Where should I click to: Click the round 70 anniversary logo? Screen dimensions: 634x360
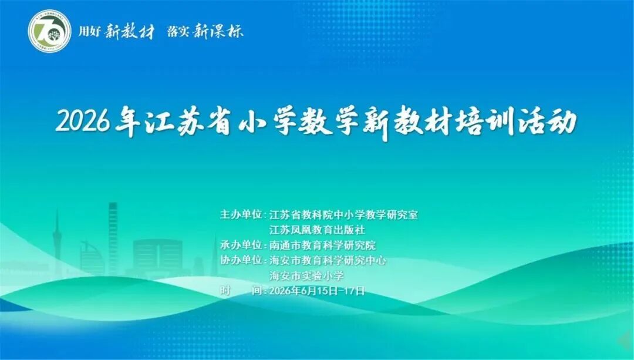coord(49,31)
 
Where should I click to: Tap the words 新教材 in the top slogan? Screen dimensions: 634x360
coord(129,31)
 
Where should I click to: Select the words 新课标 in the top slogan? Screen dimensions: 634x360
coord(218,31)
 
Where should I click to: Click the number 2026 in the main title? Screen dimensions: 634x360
coord(83,122)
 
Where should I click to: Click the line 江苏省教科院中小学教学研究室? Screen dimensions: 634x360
coord(343,215)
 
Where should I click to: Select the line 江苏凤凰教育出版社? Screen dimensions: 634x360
coord(317,230)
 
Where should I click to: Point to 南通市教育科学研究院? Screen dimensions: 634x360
coord(322,245)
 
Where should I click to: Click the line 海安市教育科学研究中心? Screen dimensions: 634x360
coord(328,260)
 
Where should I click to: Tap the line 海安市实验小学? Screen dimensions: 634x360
coord(306,275)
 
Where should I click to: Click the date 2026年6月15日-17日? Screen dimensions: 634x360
coord(316,291)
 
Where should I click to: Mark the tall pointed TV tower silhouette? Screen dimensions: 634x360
coord(56,243)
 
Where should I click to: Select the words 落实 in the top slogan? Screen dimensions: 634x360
coord(178,32)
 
